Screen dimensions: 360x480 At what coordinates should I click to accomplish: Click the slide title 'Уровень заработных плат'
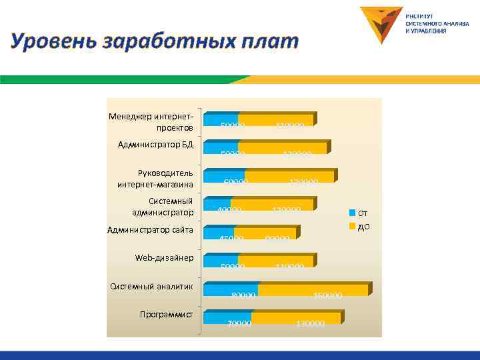[155, 41]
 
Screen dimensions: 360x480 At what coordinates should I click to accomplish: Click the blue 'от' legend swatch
[353, 213]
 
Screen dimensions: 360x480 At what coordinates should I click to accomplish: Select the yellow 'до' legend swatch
[353, 227]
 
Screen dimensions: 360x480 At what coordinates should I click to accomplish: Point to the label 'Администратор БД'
[155, 144]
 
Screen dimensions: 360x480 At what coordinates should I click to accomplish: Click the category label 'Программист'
[166, 314]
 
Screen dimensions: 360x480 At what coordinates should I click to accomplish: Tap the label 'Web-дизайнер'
[164, 257]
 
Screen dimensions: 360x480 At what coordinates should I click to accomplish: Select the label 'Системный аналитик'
[151, 286]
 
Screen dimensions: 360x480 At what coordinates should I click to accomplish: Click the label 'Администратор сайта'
[150, 230]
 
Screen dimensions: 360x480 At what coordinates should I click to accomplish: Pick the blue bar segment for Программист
[227, 318]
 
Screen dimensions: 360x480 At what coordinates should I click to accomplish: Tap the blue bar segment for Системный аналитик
[231, 290]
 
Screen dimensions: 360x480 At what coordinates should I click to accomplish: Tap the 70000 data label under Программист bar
[238, 324]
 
